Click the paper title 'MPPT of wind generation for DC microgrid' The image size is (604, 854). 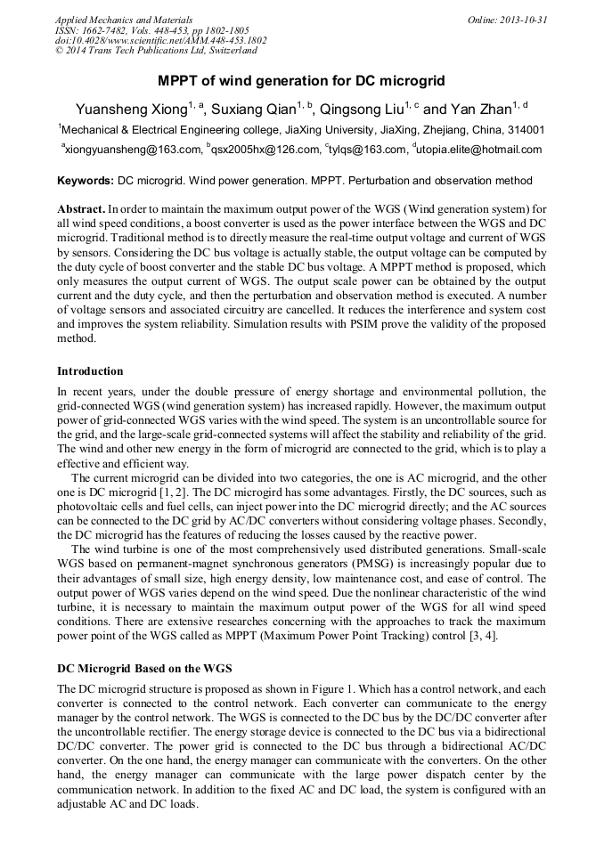pos(301,81)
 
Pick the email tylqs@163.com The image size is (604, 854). pos(368,150)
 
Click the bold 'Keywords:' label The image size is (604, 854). pos(86,181)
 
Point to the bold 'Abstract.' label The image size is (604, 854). pos(81,207)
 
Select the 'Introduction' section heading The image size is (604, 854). pos(90,370)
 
